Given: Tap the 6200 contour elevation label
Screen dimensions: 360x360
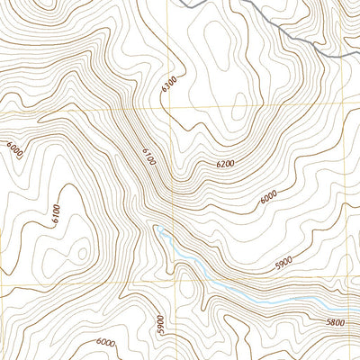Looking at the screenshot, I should coord(225,165).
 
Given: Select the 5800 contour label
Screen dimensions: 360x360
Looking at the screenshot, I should coord(336,321).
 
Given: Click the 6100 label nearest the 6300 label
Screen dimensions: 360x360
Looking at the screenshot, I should coord(148,158).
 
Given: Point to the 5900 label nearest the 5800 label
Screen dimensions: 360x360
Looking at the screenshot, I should coord(283,262).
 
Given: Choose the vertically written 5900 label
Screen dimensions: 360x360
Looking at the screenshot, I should coord(160,324).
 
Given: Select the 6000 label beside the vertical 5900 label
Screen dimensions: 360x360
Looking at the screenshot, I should coord(105,342).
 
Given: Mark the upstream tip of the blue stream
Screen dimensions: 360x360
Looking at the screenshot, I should coord(158,230).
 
